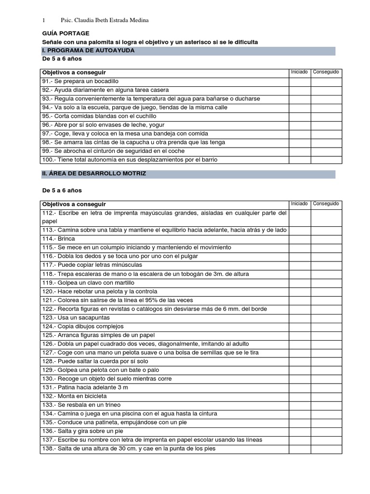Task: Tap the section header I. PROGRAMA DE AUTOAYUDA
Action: pyautogui.click(x=88, y=50)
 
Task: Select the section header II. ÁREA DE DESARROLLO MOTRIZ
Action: pyautogui.click(x=94, y=173)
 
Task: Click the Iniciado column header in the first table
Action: pyautogui.click(x=299, y=72)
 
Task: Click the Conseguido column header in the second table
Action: pyautogui.click(x=326, y=204)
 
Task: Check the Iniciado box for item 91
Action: pyautogui.click(x=299, y=81)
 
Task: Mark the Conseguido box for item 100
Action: pyautogui.click(x=326, y=160)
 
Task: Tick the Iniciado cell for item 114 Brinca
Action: pyautogui.click(x=299, y=239)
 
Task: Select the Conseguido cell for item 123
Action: pyautogui.click(x=326, y=317)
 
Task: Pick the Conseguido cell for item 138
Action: pyautogui.click(x=326, y=449)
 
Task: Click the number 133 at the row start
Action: pyautogui.click(x=48, y=405)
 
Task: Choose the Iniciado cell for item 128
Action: pyautogui.click(x=299, y=361)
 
